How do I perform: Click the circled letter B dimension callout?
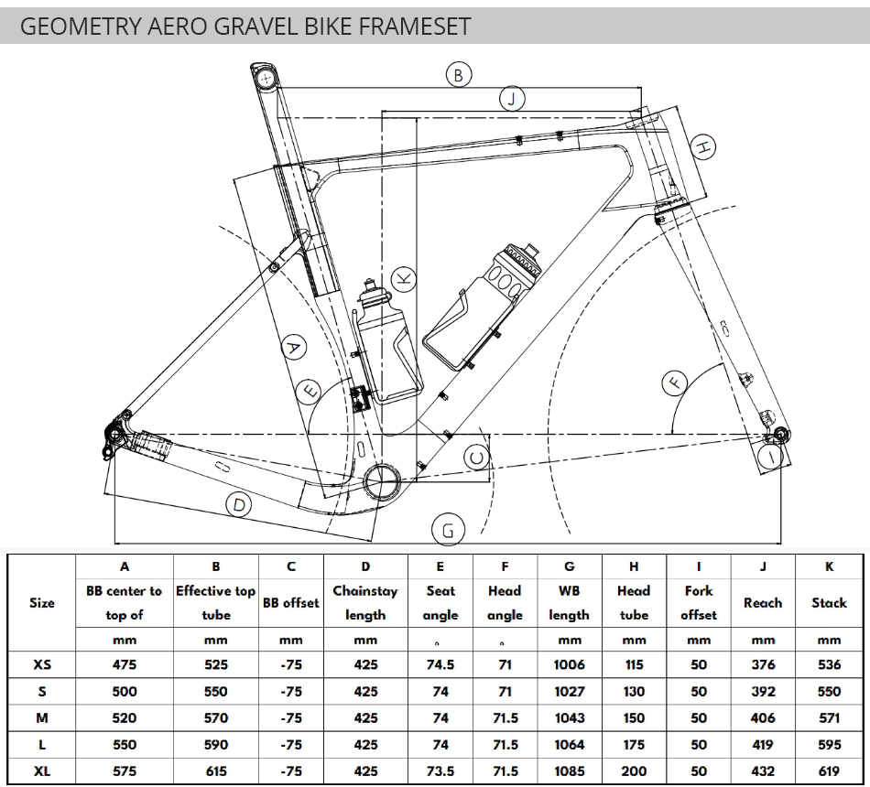[x=459, y=75]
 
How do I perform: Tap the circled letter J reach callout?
[x=512, y=99]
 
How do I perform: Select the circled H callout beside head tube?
[x=703, y=147]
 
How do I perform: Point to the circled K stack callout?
[x=404, y=278]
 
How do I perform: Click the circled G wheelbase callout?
[x=448, y=530]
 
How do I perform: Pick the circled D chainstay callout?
[x=239, y=505]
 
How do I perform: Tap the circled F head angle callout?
[x=675, y=383]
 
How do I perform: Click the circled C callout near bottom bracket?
[x=477, y=458]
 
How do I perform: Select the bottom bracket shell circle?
[x=382, y=480]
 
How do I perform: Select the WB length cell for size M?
[x=570, y=718]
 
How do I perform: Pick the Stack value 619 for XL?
[x=829, y=771]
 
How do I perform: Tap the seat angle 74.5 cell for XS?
[x=440, y=664]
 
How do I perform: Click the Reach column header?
[x=763, y=603]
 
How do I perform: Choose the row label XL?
[x=42, y=771]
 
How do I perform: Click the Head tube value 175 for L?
[x=634, y=745]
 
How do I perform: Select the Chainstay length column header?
[x=365, y=603]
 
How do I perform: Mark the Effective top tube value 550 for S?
[x=216, y=692]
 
